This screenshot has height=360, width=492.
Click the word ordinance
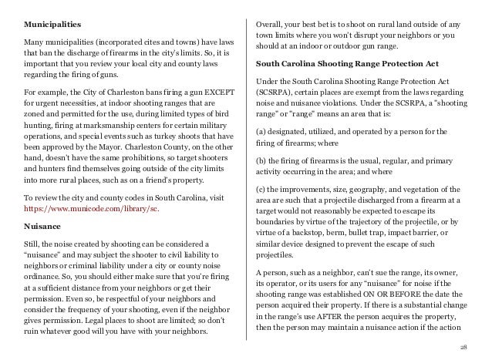pyautogui.click(x=42, y=272)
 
